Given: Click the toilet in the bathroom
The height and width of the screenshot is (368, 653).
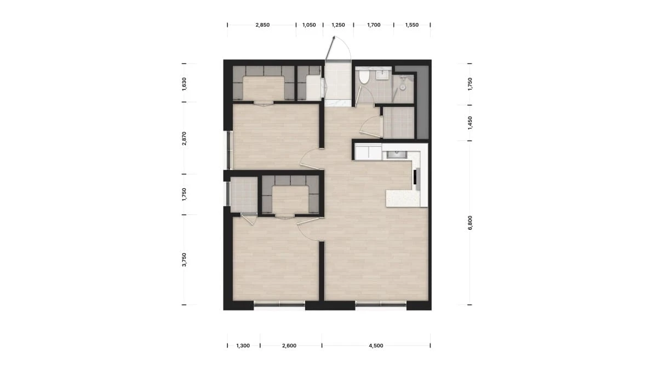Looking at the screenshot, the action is click(364, 77).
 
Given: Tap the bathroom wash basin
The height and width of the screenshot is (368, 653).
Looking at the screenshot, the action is click(382, 75).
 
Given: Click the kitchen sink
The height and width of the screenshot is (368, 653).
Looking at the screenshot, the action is click(395, 155).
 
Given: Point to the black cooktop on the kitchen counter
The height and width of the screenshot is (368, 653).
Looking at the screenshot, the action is click(416, 178).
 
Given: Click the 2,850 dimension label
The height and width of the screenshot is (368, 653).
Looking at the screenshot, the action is click(262, 25).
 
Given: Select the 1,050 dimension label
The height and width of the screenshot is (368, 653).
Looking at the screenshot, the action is click(309, 25).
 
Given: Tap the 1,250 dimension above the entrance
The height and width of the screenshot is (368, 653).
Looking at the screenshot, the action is click(338, 25).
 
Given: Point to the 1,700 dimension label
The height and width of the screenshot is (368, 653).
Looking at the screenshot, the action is click(374, 25).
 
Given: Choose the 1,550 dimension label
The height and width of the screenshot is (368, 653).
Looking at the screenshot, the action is click(412, 25).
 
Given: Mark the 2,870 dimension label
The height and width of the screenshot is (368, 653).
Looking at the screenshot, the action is click(184, 138).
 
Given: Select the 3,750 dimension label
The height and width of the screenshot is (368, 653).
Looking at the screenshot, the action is click(184, 259).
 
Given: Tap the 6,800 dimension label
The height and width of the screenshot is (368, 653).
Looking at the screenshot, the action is click(470, 223).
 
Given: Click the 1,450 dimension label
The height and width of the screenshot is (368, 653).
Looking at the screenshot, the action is click(470, 123).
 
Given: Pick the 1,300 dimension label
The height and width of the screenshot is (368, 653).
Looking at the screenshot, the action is click(243, 346).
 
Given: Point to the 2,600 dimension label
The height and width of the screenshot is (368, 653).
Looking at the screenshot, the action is click(289, 346).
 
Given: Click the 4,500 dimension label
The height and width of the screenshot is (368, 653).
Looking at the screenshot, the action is click(376, 346).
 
